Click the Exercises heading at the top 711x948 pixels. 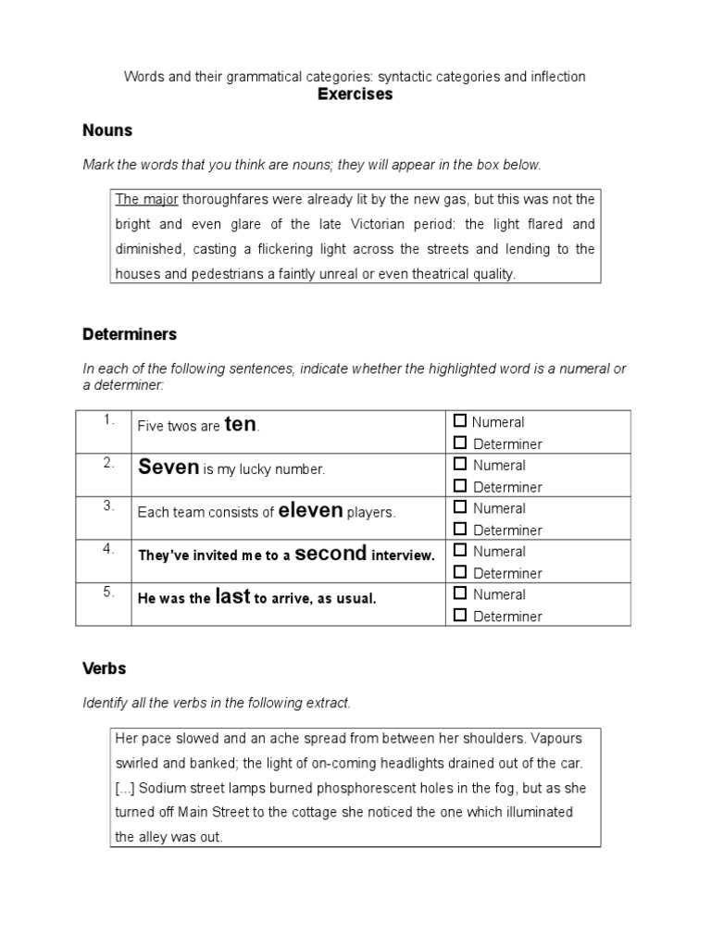(355, 94)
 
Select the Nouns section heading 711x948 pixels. (107, 131)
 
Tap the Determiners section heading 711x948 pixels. (130, 333)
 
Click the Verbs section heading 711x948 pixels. (104, 667)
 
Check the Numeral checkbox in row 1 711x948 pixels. (461, 422)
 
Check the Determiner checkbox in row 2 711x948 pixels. (461, 487)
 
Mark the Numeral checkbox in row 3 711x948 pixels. (461, 508)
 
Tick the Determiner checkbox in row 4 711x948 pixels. (461, 573)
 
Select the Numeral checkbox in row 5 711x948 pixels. (461, 594)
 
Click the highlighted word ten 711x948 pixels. (240, 425)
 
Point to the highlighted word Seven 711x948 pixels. (168, 468)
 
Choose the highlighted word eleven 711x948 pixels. (310, 510)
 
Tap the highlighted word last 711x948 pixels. (232, 597)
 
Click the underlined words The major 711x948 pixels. (146, 199)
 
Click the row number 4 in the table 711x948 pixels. (108, 549)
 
